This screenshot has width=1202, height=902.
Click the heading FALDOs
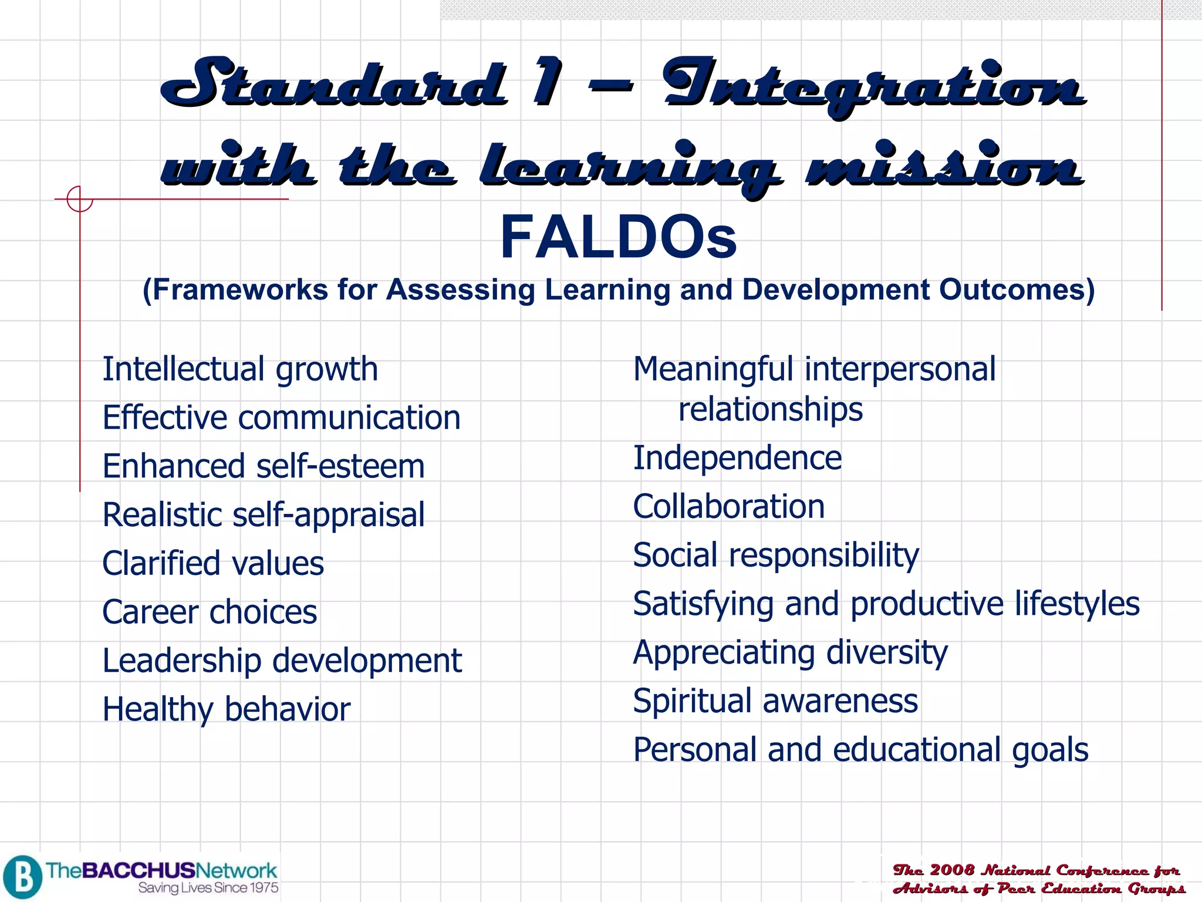(618, 237)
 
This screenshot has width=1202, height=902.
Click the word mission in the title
(944, 166)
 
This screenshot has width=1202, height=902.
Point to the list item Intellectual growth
(240, 370)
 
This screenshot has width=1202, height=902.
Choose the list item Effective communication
(281, 418)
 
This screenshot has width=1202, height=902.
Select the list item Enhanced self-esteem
(263, 467)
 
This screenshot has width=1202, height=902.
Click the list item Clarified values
(212, 564)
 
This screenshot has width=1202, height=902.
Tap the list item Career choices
(210, 612)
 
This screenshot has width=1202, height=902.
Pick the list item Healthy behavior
(226, 709)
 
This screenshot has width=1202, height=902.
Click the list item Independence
(737, 458)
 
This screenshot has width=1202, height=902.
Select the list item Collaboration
(728, 507)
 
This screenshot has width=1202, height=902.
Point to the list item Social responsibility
(776, 556)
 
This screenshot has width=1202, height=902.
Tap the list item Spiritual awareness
(775, 701)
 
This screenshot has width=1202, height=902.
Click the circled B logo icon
(22, 877)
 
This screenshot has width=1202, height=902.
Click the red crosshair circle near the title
(80, 199)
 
